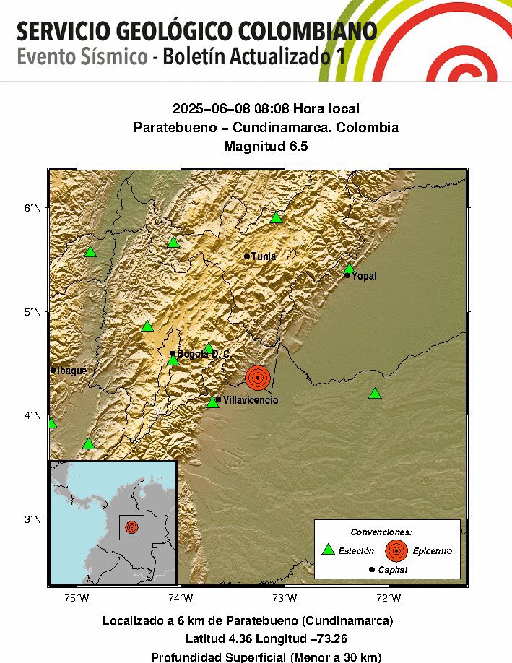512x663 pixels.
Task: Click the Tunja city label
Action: click(x=264, y=256)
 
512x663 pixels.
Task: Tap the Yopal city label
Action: click(x=364, y=276)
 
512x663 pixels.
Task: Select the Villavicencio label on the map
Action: click(x=250, y=400)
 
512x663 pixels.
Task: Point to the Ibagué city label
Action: click(x=71, y=370)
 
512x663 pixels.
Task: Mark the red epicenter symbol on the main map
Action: click(x=258, y=377)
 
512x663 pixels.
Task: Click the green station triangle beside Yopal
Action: click(x=349, y=269)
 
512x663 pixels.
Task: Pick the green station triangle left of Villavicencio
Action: click(x=212, y=402)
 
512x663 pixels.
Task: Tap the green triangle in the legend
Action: click(x=328, y=550)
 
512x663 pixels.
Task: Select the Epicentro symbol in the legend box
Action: click(x=396, y=550)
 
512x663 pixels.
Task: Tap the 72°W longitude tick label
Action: click(x=389, y=597)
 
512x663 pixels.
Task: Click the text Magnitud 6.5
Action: click(x=266, y=146)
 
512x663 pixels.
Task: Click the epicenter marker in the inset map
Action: click(x=131, y=527)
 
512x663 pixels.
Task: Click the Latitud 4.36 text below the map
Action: click(x=218, y=638)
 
